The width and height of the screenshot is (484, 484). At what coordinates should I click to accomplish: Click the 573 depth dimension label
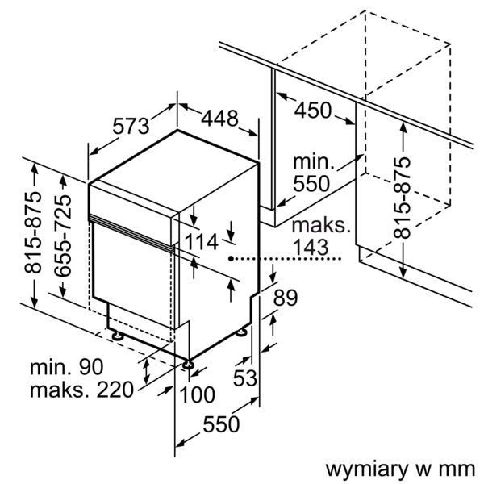point(131,126)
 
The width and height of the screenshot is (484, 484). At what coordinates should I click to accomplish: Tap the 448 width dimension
point(219,119)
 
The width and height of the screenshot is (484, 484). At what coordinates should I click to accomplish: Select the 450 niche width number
point(312,110)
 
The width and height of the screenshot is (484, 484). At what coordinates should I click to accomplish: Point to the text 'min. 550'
point(311,172)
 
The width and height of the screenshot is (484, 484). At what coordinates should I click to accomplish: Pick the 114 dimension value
point(202,240)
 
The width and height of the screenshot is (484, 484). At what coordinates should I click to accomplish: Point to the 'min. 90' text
point(67,368)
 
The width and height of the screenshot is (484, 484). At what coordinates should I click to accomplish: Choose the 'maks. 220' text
point(80,391)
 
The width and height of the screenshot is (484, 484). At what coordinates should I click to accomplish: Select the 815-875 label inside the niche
point(401,195)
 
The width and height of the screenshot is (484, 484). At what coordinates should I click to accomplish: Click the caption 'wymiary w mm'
point(397,468)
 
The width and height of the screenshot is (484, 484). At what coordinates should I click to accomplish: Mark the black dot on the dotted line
point(231,259)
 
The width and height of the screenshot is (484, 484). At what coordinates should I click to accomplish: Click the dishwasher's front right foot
point(189,365)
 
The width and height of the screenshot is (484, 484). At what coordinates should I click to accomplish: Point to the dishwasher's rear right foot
point(242,330)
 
